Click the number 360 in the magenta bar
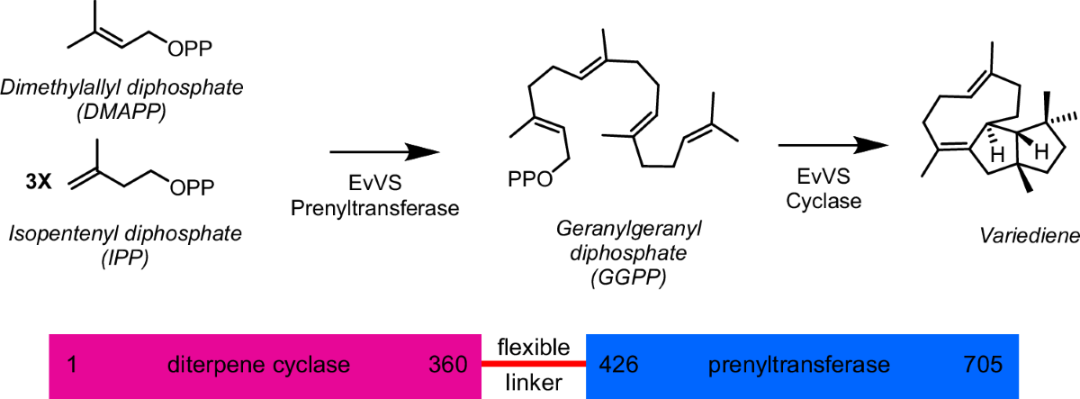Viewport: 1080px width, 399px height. tap(448, 365)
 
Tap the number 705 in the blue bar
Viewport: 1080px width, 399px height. tap(982, 365)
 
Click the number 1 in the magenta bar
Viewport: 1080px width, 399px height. tap(71, 365)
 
